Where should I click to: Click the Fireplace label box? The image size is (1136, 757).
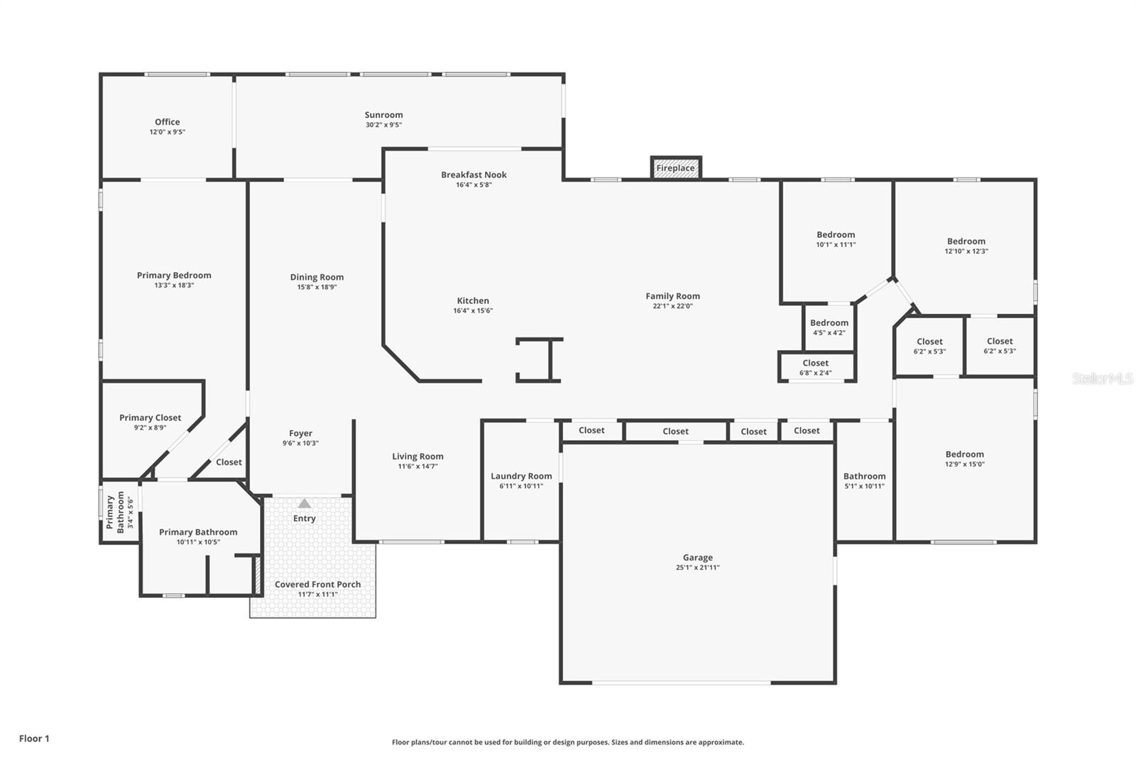(x=675, y=168)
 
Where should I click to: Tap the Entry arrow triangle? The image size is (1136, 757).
(x=304, y=503)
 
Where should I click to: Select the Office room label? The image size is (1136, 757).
(x=168, y=122)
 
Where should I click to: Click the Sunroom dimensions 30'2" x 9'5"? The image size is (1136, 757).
(x=383, y=125)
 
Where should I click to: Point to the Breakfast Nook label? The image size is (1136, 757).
(x=474, y=175)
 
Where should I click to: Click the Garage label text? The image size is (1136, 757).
(x=698, y=557)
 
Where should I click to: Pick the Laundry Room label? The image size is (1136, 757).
(x=521, y=476)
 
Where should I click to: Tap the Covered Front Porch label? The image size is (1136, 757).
(x=317, y=584)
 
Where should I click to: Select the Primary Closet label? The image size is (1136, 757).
(x=150, y=418)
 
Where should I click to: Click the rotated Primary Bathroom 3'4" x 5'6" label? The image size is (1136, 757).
(x=120, y=511)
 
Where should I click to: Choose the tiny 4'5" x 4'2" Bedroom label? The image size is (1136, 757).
(x=829, y=327)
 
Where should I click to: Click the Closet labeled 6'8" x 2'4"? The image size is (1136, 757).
(x=816, y=367)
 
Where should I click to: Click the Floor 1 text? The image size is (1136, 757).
(x=34, y=739)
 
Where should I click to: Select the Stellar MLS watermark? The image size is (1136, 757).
(x=1102, y=378)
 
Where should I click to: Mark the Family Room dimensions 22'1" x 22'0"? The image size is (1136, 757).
(x=672, y=306)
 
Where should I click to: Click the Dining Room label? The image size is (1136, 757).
(x=317, y=278)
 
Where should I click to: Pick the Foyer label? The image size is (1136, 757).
(x=300, y=433)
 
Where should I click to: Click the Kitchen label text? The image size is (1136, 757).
(x=473, y=301)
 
